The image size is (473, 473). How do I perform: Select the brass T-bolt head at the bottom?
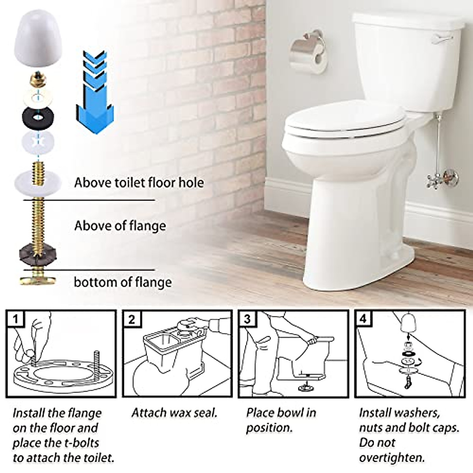[x=37, y=280]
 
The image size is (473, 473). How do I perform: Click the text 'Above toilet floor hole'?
[x=139, y=183]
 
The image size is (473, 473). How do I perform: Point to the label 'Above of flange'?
[x=120, y=226]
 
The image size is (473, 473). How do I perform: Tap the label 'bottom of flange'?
[x=123, y=282]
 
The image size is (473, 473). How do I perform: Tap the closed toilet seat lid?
[x=343, y=119]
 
